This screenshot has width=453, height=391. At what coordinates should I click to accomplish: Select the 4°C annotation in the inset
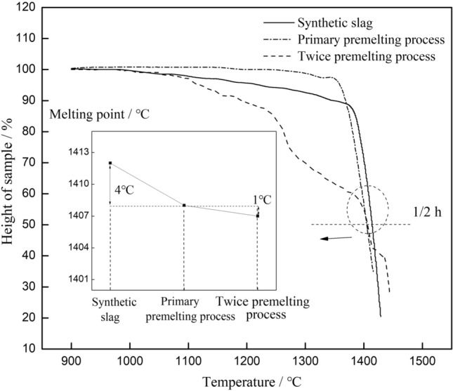125,188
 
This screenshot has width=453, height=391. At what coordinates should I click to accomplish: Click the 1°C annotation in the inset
261,199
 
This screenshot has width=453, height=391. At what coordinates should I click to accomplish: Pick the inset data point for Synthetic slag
110,163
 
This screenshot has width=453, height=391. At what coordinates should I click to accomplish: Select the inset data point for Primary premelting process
184,205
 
